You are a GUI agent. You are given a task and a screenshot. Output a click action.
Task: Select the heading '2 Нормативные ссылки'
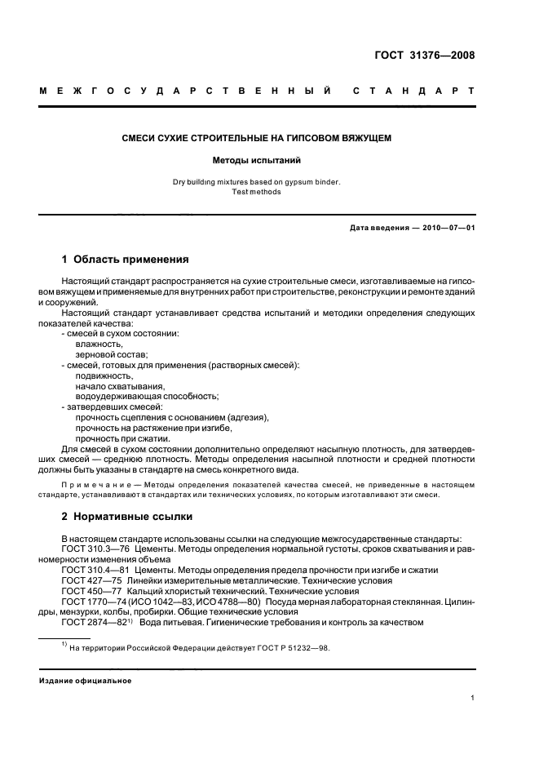pyautogui.click(x=125, y=516)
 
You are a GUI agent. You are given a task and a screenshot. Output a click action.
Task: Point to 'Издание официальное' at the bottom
pyautogui.click(x=85, y=681)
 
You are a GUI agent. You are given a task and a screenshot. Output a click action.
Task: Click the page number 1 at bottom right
pyautogui.click(x=472, y=698)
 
